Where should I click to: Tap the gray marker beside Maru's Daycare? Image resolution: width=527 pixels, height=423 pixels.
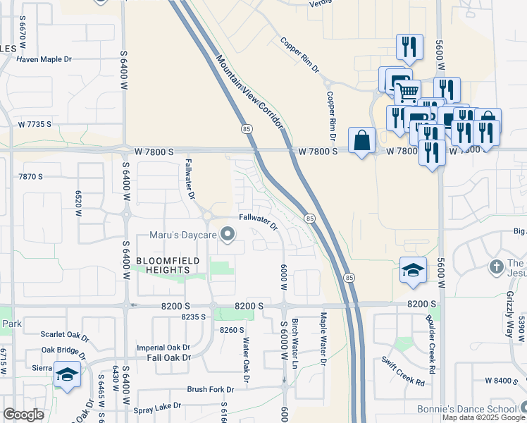click(228, 234)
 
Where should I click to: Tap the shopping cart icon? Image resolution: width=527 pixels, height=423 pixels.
click(407, 92)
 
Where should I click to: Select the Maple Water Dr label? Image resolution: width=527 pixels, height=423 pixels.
click(323, 339)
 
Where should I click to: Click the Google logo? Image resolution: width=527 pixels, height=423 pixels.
click(23, 415)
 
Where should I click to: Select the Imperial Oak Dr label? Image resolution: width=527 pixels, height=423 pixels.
click(163, 348)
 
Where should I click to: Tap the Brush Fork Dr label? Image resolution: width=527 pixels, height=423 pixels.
click(210, 389)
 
